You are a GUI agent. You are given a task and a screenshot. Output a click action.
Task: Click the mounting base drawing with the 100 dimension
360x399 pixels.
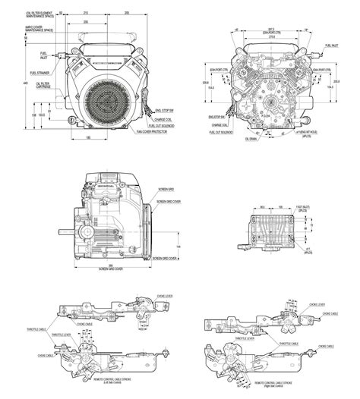[x=274, y=230]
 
